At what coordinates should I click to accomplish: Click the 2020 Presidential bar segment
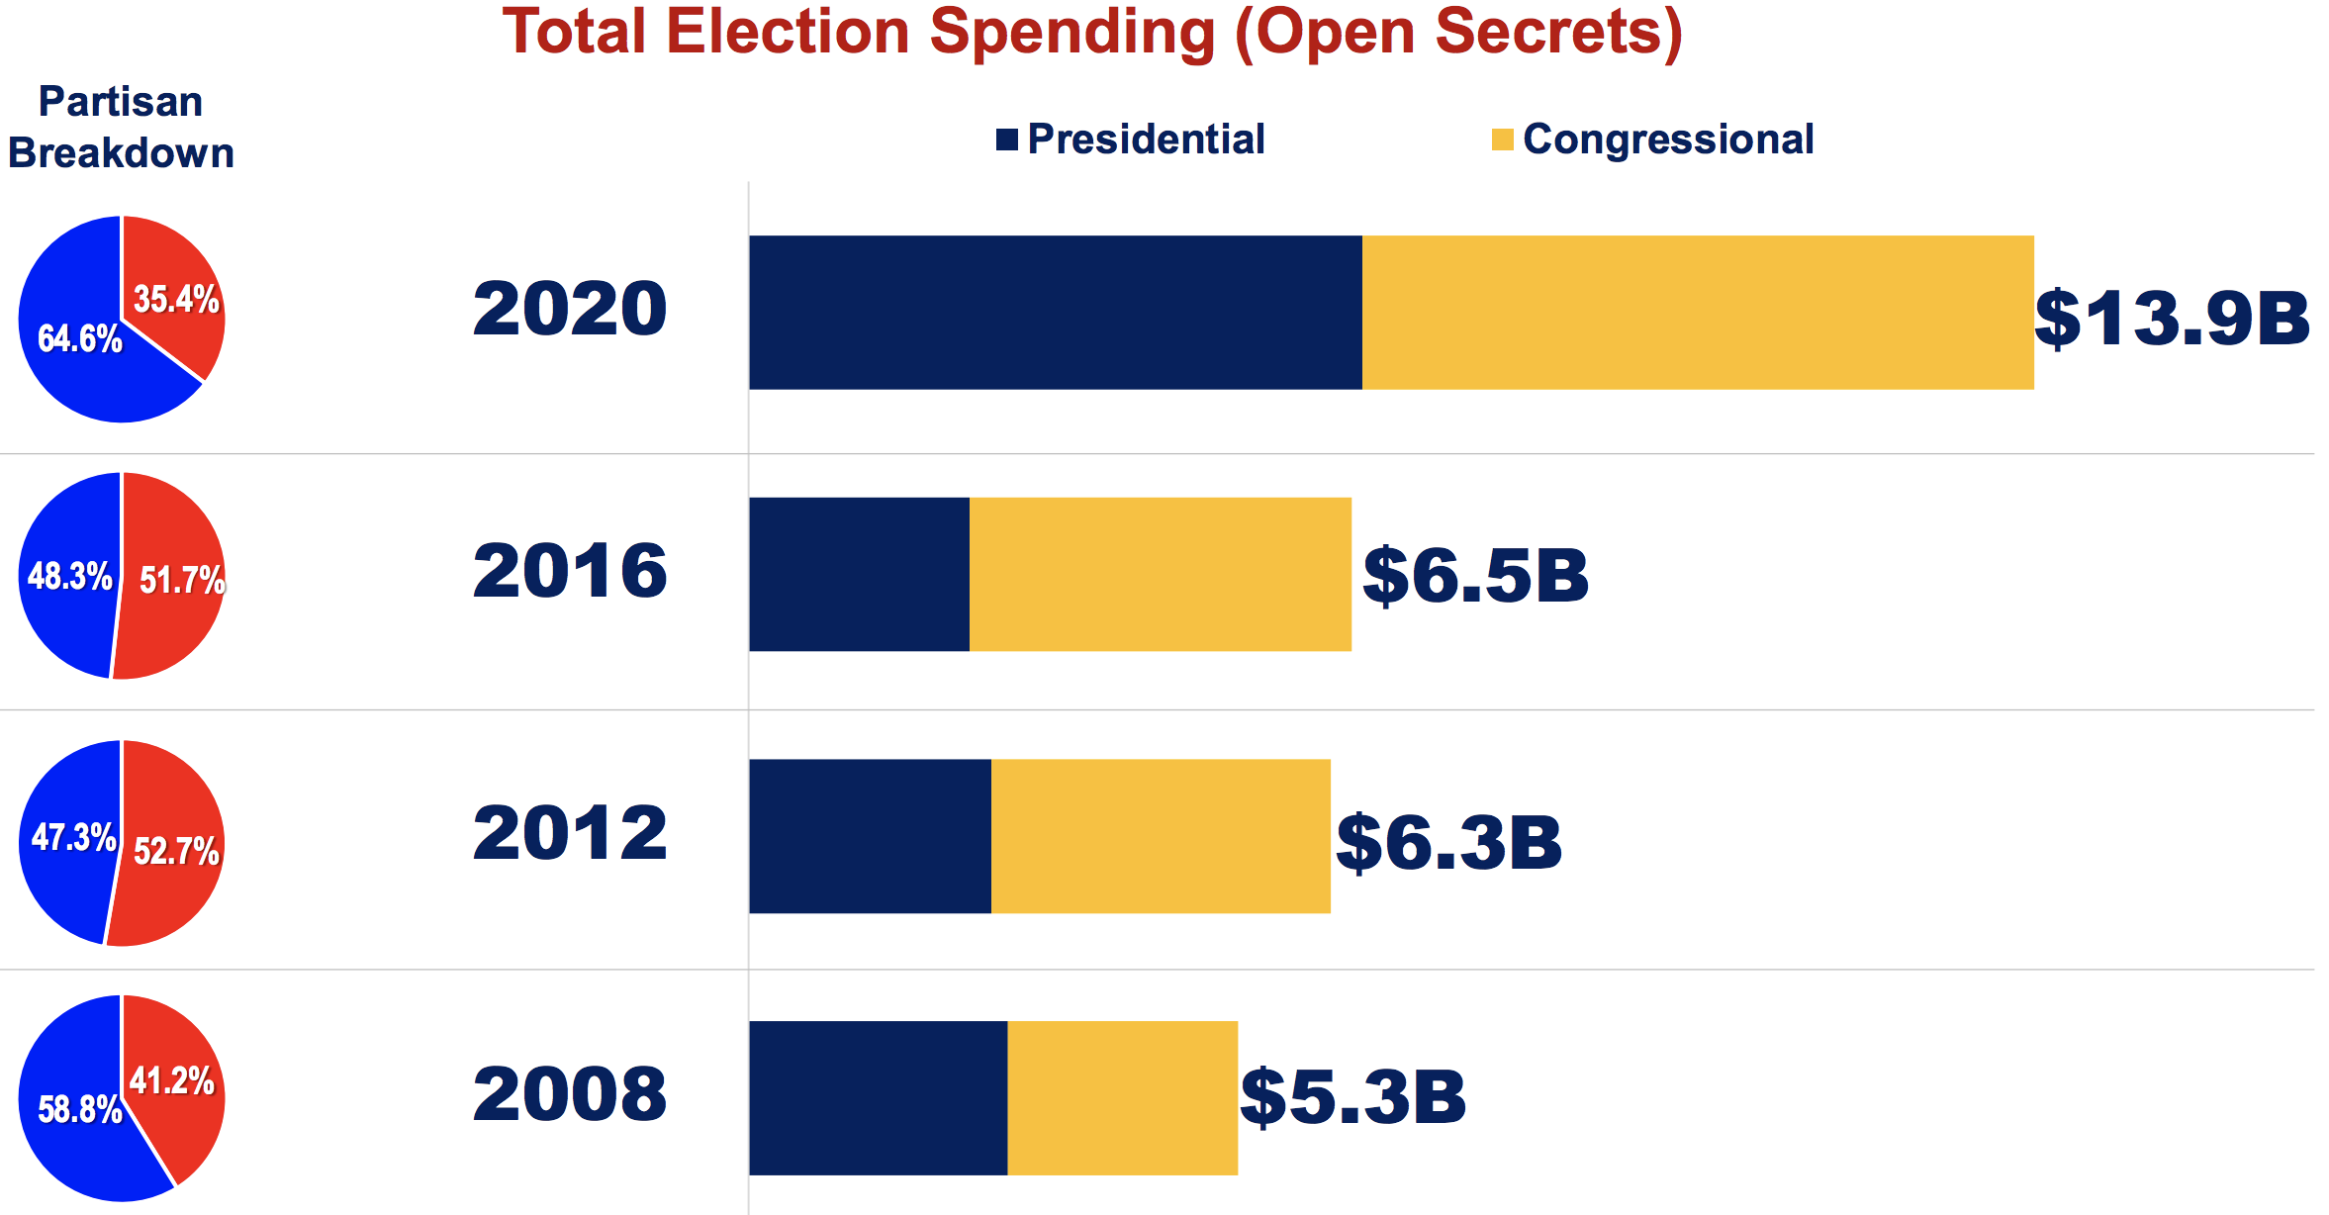click(x=1055, y=312)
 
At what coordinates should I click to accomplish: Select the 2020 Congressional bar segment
click(x=1697, y=312)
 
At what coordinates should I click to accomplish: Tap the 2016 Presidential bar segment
click(x=859, y=574)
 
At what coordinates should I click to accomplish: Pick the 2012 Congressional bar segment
click(x=1161, y=836)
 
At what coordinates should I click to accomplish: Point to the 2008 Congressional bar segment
click(x=1122, y=1097)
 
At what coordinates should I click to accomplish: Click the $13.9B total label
click(x=2172, y=319)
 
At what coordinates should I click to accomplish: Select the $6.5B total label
click(x=1475, y=576)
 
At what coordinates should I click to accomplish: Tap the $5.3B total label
click(x=1352, y=1097)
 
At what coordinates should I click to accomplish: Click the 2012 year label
click(x=570, y=833)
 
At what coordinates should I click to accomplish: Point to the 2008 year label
click(x=570, y=1094)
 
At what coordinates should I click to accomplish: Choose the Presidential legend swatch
click(x=1006, y=140)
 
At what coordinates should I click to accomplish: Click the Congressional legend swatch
click(x=1502, y=140)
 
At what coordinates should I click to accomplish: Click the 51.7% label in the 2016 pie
click(x=182, y=580)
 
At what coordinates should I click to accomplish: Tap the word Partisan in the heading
click(x=120, y=102)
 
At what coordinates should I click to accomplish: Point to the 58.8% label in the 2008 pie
click(x=79, y=1110)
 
